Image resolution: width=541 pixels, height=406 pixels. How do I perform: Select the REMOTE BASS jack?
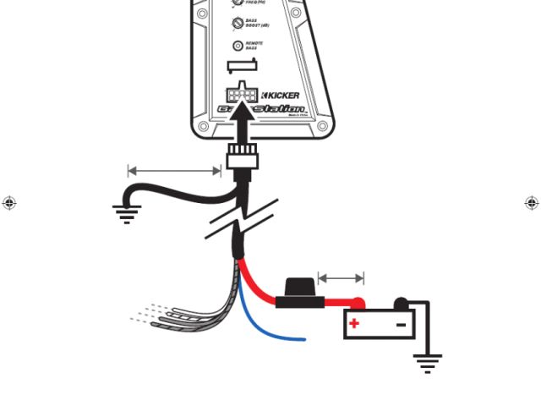(x=238, y=46)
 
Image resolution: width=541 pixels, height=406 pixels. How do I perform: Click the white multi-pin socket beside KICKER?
(x=243, y=94)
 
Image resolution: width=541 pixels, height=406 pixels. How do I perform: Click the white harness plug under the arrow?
(x=243, y=157)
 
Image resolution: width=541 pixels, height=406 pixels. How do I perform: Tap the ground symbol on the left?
(x=127, y=211)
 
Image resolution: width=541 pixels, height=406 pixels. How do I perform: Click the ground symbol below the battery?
(x=428, y=364)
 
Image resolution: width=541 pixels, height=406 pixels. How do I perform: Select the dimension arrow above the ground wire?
(x=174, y=171)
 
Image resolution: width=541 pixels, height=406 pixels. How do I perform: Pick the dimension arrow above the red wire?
(x=341, y=277)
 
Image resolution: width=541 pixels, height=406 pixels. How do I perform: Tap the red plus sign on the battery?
(x=355, y=323)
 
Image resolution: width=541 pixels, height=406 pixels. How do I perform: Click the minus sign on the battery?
(x=401, y=323)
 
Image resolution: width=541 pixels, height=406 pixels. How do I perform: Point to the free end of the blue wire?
(x=303, y=340)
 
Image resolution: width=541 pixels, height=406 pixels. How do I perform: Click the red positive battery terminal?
(x=358, y=304)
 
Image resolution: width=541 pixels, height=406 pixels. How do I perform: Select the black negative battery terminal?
(x=402, y=303)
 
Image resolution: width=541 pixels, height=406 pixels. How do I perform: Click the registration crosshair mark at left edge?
(x=9, y=203)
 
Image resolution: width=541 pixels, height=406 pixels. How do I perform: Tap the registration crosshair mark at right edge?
(x=532, y=203)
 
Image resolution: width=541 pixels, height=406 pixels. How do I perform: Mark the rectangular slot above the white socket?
(x=243, y=67)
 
